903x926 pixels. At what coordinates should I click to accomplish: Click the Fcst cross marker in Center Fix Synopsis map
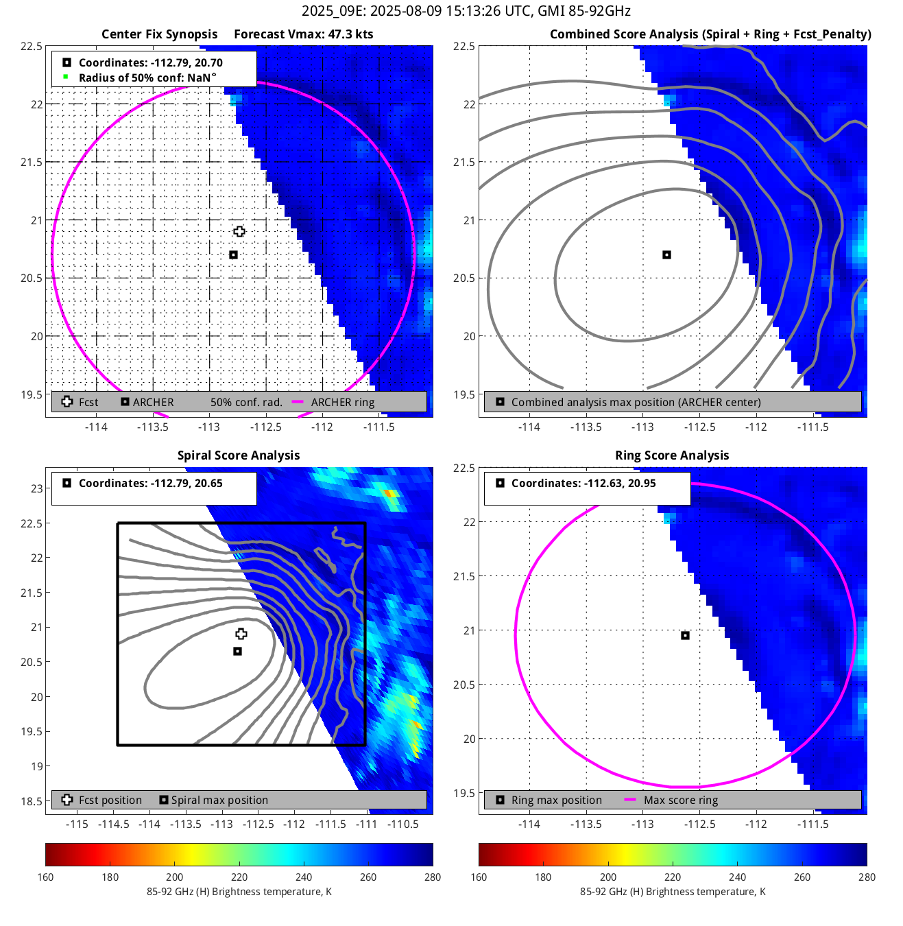click(x=239, y=232)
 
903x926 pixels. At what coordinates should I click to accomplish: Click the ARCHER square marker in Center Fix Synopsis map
click(x=233, y=255)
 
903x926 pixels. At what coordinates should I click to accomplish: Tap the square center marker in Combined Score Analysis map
click(x=666, y=255)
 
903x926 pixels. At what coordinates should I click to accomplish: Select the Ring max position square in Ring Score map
click(x=685, y=636)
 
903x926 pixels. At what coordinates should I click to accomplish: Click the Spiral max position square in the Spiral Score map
click(x=237, y=652)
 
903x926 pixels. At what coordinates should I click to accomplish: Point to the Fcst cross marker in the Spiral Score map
click(x=241, y=634)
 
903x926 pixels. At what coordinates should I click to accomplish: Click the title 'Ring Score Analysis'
click(x=672, y=455)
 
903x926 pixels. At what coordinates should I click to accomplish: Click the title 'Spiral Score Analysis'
click(x=239, y=455)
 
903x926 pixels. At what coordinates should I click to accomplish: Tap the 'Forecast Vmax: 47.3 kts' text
click(x=304, y=34)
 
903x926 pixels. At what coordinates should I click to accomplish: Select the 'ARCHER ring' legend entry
click(x=342, y=403)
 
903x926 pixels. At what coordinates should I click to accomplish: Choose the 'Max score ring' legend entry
click(x=680, y=800)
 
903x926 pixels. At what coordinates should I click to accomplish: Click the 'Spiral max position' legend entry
click(x=219, y=800)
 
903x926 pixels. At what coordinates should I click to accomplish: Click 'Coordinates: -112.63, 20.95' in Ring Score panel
click(x=583, y=484)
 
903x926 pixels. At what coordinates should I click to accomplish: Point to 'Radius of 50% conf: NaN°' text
click(x=147, y=78)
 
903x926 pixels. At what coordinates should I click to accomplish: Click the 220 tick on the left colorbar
click(x=239, y=877)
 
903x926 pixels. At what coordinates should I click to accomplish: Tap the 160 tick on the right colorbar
click(x=479, y=877)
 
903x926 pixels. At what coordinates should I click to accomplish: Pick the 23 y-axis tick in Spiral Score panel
click(x=37, y=488)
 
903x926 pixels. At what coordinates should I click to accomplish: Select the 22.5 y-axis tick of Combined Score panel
click(x=464, y=46)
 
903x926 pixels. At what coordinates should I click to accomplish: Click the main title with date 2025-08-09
click(x=466, y=11)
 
